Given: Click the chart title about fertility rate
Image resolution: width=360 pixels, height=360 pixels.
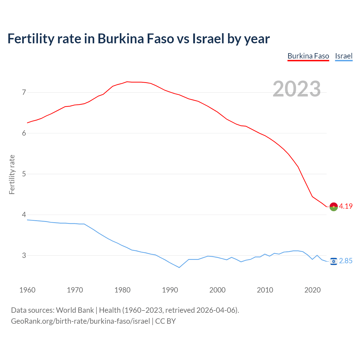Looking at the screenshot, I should (x=138, y=39).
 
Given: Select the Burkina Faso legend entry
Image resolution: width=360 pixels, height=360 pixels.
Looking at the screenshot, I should (x=308, y=56).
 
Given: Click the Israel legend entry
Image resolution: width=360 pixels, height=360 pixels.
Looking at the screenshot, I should (x=344, y=56).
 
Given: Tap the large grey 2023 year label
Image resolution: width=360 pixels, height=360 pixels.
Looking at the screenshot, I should (x=297, y=89).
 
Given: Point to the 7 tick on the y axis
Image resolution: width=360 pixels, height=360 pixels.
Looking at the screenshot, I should (x=24, y=92).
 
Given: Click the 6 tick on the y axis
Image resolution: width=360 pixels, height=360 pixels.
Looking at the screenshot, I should (x=24, y=133).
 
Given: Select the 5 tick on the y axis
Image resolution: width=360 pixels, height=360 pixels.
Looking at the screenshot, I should (x=24, y=174).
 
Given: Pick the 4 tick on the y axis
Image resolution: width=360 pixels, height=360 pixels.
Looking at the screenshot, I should (x=24, y=215).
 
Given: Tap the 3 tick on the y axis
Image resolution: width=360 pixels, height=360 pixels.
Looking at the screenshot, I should (x=24, y=255).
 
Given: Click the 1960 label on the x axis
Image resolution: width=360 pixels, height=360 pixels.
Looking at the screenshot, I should (x=27, y=290).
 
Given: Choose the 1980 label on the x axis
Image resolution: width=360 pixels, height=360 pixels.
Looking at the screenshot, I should (x=122, y=290).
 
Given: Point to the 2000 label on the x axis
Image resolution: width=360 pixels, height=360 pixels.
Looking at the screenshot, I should (x=217, y=290).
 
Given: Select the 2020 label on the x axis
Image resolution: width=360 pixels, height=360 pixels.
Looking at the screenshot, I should (x=312, y=290).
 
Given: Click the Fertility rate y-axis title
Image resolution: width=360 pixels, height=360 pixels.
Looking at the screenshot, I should (x=12, y=174).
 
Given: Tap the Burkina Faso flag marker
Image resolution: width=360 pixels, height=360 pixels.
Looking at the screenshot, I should (x=334, y=206).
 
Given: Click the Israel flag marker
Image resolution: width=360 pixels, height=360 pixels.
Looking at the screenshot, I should (x=334, y=261).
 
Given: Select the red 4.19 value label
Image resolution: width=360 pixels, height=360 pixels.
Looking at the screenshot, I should (x=346, y=206).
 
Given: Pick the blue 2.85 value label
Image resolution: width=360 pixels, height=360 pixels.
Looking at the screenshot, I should (x=346, y=261).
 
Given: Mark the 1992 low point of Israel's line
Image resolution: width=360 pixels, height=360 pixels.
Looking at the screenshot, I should (x=179, y=267).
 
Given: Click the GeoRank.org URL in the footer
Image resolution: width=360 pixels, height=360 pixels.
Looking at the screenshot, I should (x=80, y=321).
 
